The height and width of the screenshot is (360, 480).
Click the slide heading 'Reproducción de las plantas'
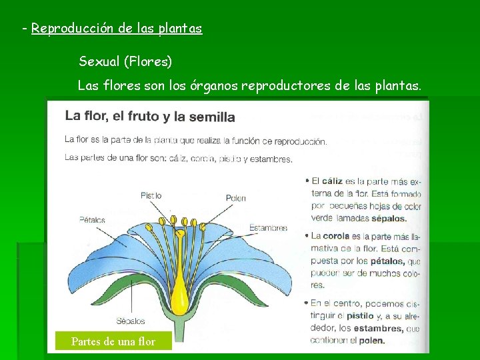coord(117,29)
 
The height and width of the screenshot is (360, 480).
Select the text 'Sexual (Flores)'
coord(125,62)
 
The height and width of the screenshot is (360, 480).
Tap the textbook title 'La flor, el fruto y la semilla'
coord(150,117)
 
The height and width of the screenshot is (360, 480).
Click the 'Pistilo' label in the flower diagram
coord(151,195)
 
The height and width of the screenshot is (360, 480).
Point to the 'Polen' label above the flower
coord(236,198)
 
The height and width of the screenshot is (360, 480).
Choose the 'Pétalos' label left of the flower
coord(92,219)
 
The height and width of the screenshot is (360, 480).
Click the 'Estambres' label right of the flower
coord(268,228)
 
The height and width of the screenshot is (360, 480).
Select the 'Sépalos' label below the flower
coord(131,320)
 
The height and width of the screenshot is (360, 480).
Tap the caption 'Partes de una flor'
coord(113,342)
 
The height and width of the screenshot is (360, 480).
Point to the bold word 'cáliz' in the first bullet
coord(334,181)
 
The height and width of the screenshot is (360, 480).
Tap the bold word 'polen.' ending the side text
coord(372,340)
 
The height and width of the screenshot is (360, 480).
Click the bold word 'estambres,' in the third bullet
coord(377,328)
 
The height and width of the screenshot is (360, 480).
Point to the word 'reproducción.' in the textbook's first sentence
coord(300,141)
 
